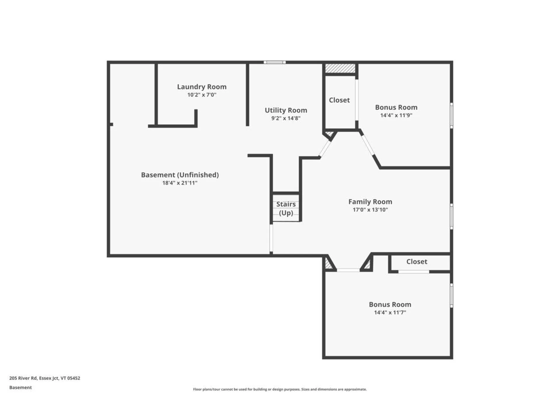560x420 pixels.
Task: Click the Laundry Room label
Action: click(202, 87)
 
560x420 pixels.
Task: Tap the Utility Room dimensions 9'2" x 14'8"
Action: click(286, 118)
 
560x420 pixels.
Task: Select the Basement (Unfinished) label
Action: click(180, 175)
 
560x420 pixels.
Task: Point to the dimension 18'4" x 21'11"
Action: click(180, 183)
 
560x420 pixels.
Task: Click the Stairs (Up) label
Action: click(286, 209)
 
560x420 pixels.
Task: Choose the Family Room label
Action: click(370, 202)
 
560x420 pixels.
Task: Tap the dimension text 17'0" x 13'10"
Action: click(370, 210)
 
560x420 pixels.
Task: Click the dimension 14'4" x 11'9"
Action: click(396, 115)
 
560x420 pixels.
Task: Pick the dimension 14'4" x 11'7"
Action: click(390, 312)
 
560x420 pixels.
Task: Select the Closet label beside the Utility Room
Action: click(339, 100)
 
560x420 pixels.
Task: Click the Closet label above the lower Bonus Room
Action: click(417, 262)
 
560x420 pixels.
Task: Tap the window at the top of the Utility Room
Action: click(275, 62)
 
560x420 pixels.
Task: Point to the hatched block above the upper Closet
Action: click(340, 69)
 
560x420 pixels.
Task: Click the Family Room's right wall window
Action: click(452, 216)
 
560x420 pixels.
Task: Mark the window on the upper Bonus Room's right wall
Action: click(452, 115)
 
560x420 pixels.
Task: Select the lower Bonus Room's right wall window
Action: click(452, 295)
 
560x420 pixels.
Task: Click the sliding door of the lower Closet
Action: click(414, 272)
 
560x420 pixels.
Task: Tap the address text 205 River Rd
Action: click(23, 378)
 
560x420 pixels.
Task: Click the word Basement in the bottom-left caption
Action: click(20, 387)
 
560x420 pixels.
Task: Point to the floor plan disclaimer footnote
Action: click(280, 389)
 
